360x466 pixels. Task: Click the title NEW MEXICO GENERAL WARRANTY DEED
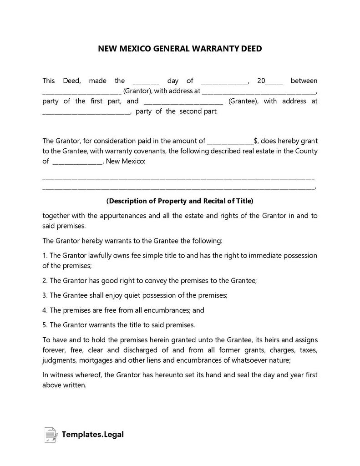(180, 48)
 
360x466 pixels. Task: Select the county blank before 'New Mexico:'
(78, 162)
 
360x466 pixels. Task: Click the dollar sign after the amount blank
(256, 141)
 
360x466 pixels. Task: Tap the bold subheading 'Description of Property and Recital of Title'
(180, 201)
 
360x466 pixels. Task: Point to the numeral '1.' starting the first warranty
(45, 255)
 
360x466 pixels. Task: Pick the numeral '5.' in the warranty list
(45, 325)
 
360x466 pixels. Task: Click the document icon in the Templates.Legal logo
(51, 435)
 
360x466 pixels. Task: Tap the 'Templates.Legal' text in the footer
(93, 435)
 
